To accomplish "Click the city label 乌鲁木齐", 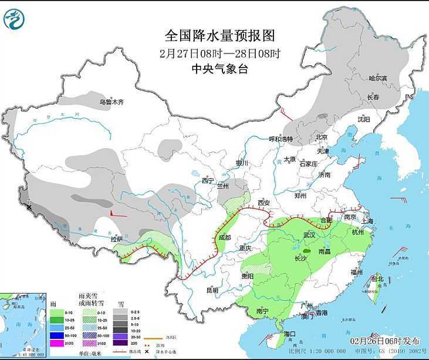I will point(112,102).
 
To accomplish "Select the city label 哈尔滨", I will point(378,78).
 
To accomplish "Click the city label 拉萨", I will point(117,239).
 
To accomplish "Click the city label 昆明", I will point(212,290).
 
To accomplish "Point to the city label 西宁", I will point(208,180).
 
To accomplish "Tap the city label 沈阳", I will point(363,119).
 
